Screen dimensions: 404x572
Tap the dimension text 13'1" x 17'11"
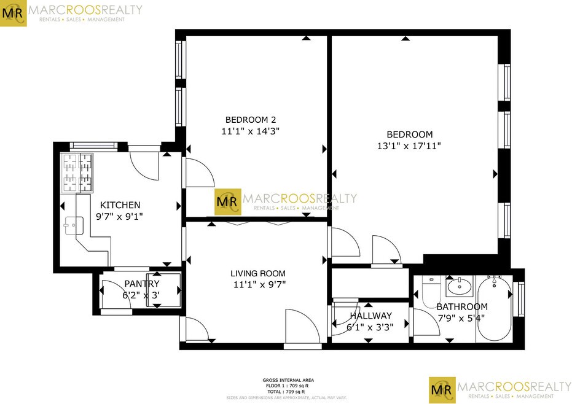pyautogui.click(x=409, y=146)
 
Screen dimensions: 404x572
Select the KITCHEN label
pyautogui.click(x=120, y=205)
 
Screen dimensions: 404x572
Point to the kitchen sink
pyautogui.click(x=74, y=225)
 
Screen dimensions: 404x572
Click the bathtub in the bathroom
pyautogui.click(x=495, y=308)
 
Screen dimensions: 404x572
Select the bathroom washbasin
pyautogui.click(x=460, y=286)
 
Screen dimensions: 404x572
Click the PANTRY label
pyautogui.click(x=142, y=284)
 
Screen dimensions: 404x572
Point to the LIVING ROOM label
pyautogui.click(x=258, y=273)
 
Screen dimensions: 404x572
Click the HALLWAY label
pyautogui.click(x=370, y=316)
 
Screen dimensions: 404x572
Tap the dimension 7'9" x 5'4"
pyautogui.click(x=461, y=318)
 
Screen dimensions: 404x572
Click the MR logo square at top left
pyautogui.click(x=14, y=14)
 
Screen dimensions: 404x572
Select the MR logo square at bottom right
pyautogui.click(x=442, y=390)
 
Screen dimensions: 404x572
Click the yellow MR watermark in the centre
pyautogui.click(x=227, y=201)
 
